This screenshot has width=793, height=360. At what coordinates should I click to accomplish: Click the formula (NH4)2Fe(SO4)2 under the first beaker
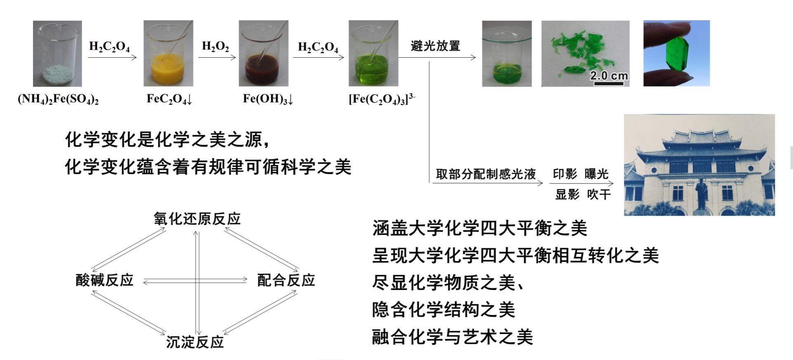(x=58, y=99)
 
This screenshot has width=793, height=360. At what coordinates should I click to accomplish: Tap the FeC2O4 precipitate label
(x=169, y=99)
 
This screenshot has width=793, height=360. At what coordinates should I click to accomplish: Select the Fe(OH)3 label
(x=268, y=99)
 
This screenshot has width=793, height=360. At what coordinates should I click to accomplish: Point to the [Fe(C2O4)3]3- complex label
(x=382, y=99)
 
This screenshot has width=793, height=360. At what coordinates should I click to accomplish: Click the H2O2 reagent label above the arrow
(x=215, y=46)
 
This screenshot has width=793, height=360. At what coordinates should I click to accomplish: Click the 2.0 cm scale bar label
(x=608, y=76)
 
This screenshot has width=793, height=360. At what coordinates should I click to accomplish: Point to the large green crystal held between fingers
(x=676, y=54)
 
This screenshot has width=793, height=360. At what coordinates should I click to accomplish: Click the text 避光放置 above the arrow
(x=435, y=46)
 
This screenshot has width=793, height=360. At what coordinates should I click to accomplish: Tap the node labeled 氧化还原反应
(x=197, y=219)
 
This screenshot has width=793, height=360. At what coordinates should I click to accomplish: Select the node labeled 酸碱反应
(x=105, y=280)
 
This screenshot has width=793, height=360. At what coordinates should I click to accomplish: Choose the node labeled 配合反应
(x=286, y=280)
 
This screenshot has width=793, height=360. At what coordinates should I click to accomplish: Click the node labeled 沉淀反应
(x=195, y=342)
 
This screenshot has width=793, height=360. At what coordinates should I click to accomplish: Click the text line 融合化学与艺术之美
(x=452, y=337)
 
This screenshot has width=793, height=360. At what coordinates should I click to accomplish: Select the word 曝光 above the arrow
(x=596, y=174)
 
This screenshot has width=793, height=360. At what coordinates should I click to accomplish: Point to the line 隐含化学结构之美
(x=443, y=310)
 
